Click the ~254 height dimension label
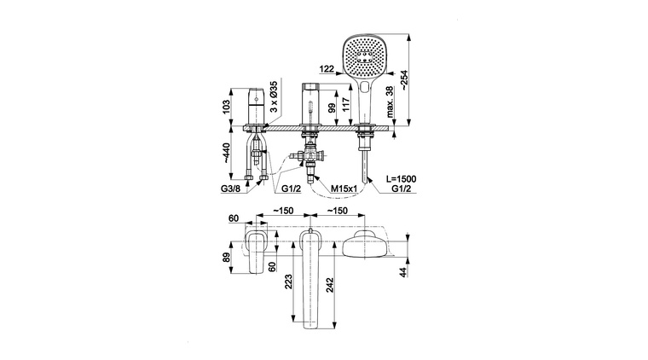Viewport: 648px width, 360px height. pyautogui.click(x=404, y=80)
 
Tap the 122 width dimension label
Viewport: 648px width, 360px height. pyautogui.click(x=327, y=69)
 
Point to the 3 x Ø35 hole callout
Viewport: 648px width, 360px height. pyautogui.click(x=274, y=96)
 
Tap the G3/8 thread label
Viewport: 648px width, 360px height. pyautogui.click(x=230, y=189)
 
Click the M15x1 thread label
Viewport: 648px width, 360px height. pyautogui.click(x=344, y=189)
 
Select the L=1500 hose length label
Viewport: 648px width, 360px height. pyautogui.click(x=402, y=179)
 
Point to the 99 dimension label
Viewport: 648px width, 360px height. pyautogui.click(x=332, y=108)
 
